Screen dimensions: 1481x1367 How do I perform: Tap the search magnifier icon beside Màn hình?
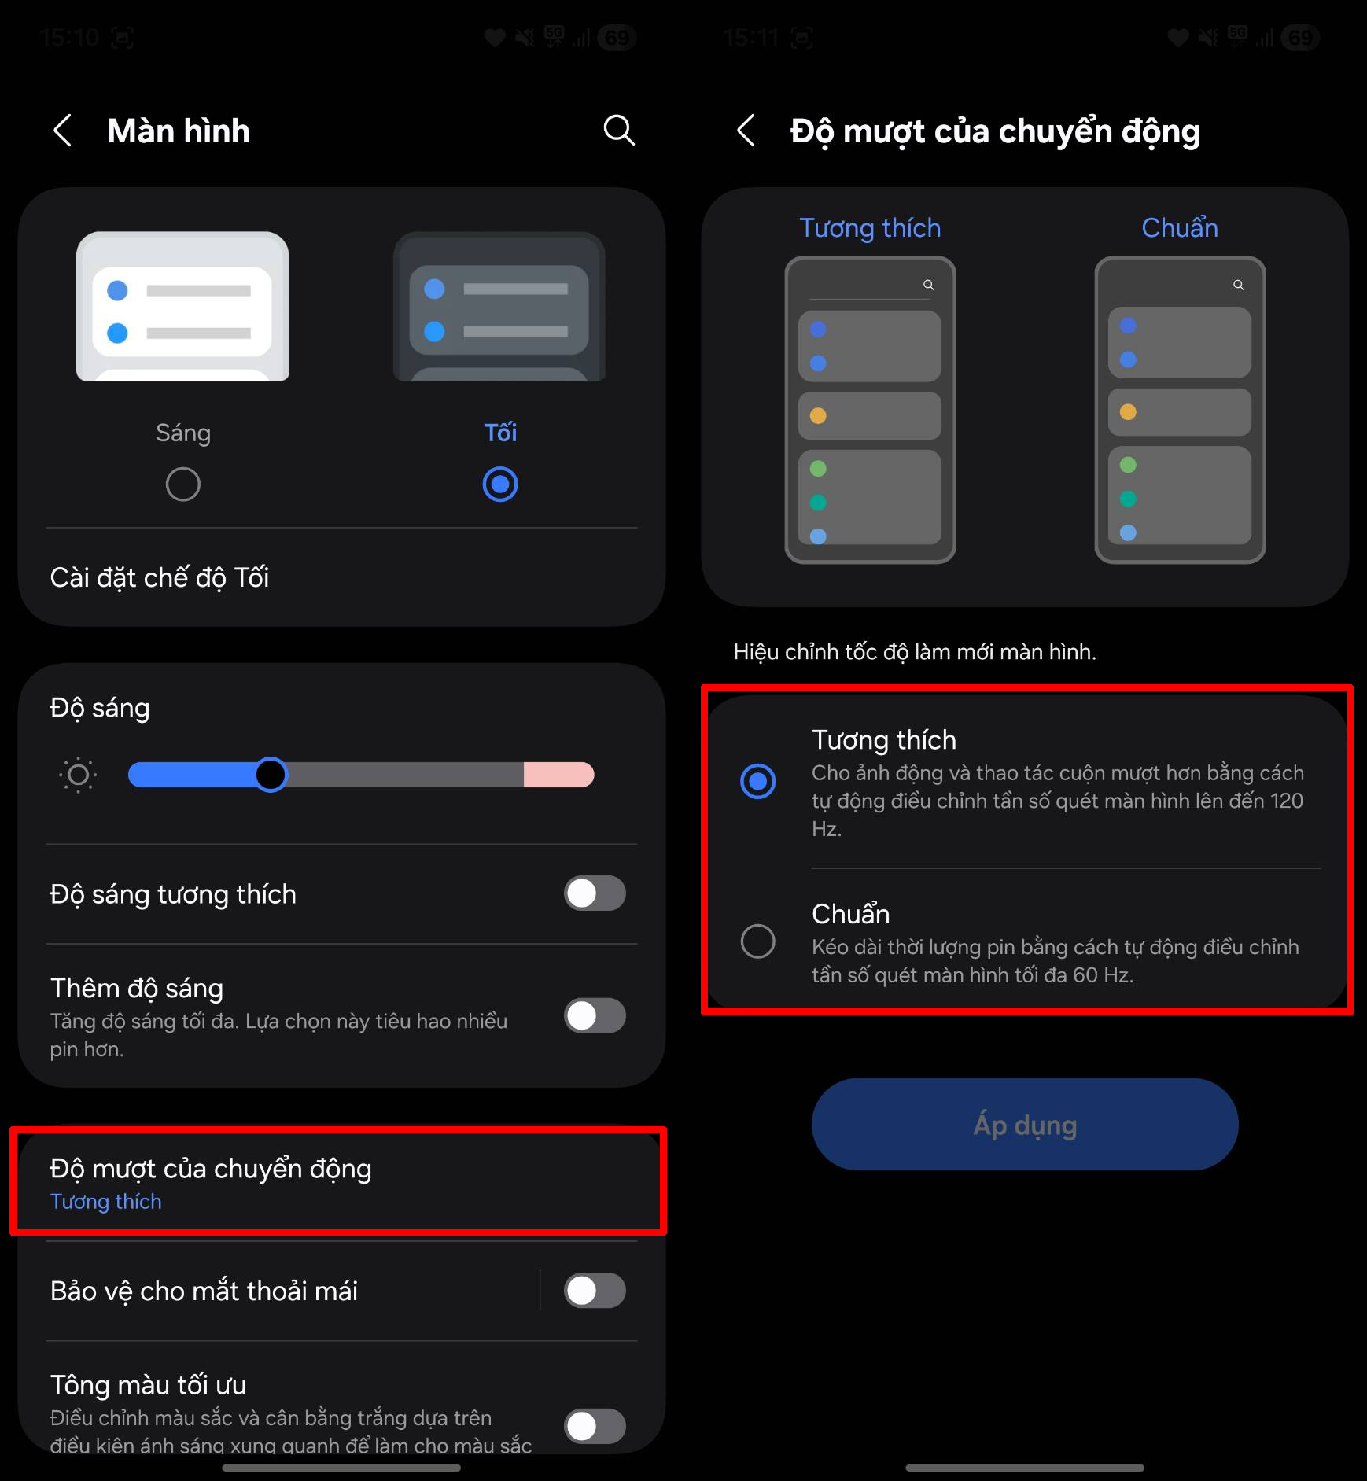619,131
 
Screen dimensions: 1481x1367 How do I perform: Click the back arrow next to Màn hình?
63,131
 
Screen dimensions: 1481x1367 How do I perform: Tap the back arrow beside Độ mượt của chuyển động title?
746,131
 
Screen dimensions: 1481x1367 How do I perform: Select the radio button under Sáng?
182,484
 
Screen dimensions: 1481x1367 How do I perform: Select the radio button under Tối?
500,484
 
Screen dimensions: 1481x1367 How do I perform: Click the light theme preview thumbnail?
182,307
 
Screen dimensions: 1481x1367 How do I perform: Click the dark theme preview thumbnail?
499,307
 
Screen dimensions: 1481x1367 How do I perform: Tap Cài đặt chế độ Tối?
160,578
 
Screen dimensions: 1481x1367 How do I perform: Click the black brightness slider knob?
271,775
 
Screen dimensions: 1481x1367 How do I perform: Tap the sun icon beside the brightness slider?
78,775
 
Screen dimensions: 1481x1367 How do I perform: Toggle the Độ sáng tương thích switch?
595,893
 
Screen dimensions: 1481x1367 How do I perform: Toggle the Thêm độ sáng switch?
595,1015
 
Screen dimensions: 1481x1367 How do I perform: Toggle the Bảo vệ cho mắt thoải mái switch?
595,1291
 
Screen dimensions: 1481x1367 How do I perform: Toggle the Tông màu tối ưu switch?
595,1426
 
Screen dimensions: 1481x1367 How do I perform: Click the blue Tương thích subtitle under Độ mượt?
106,1202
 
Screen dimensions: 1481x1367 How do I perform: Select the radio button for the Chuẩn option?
758,941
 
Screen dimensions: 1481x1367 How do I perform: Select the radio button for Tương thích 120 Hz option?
758,781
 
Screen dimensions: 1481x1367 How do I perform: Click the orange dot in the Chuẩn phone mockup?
1128,412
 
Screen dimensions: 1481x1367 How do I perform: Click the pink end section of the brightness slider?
558,775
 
